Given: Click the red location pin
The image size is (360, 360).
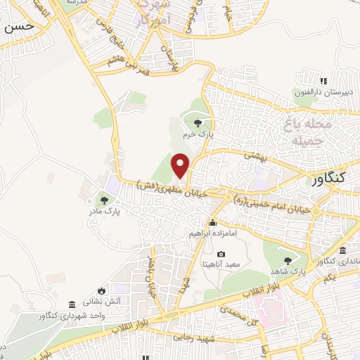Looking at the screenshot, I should click(181, 166).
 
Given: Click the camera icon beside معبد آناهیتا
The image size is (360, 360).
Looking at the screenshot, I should click(221, 254).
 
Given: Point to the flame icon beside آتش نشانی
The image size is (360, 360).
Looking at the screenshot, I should click(103, 290).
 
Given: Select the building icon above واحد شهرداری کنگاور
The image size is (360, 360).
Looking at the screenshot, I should click(72, 304).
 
